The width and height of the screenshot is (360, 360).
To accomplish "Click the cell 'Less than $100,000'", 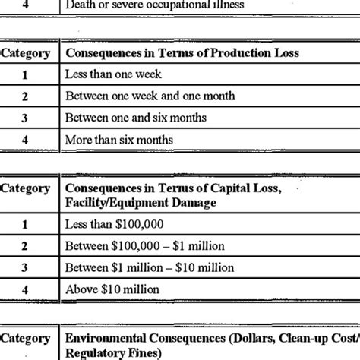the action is click(114, 226).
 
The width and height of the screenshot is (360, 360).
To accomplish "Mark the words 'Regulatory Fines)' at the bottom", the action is click(114, 353).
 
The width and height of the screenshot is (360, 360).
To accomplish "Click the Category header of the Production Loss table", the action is click(27, 54).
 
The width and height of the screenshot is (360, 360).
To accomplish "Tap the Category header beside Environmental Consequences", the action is click(27, 339).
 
